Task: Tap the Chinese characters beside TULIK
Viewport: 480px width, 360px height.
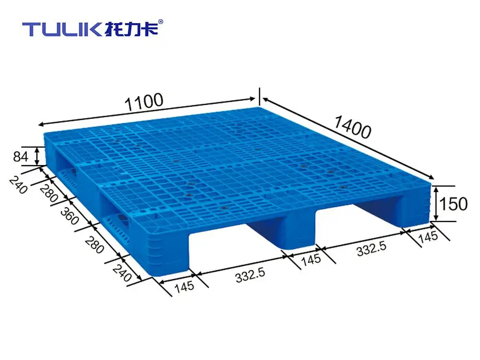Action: coord(131,28)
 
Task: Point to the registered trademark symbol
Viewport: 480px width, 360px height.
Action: coord(161,22)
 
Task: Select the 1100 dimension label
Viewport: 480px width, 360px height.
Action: coord(144,102)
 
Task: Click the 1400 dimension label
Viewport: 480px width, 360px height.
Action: coord(352,127)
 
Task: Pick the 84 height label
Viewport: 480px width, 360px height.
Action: coord(21,157)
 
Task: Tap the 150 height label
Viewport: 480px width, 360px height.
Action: coord(453,204)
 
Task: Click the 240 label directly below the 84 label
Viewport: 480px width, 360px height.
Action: coord(18,185)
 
